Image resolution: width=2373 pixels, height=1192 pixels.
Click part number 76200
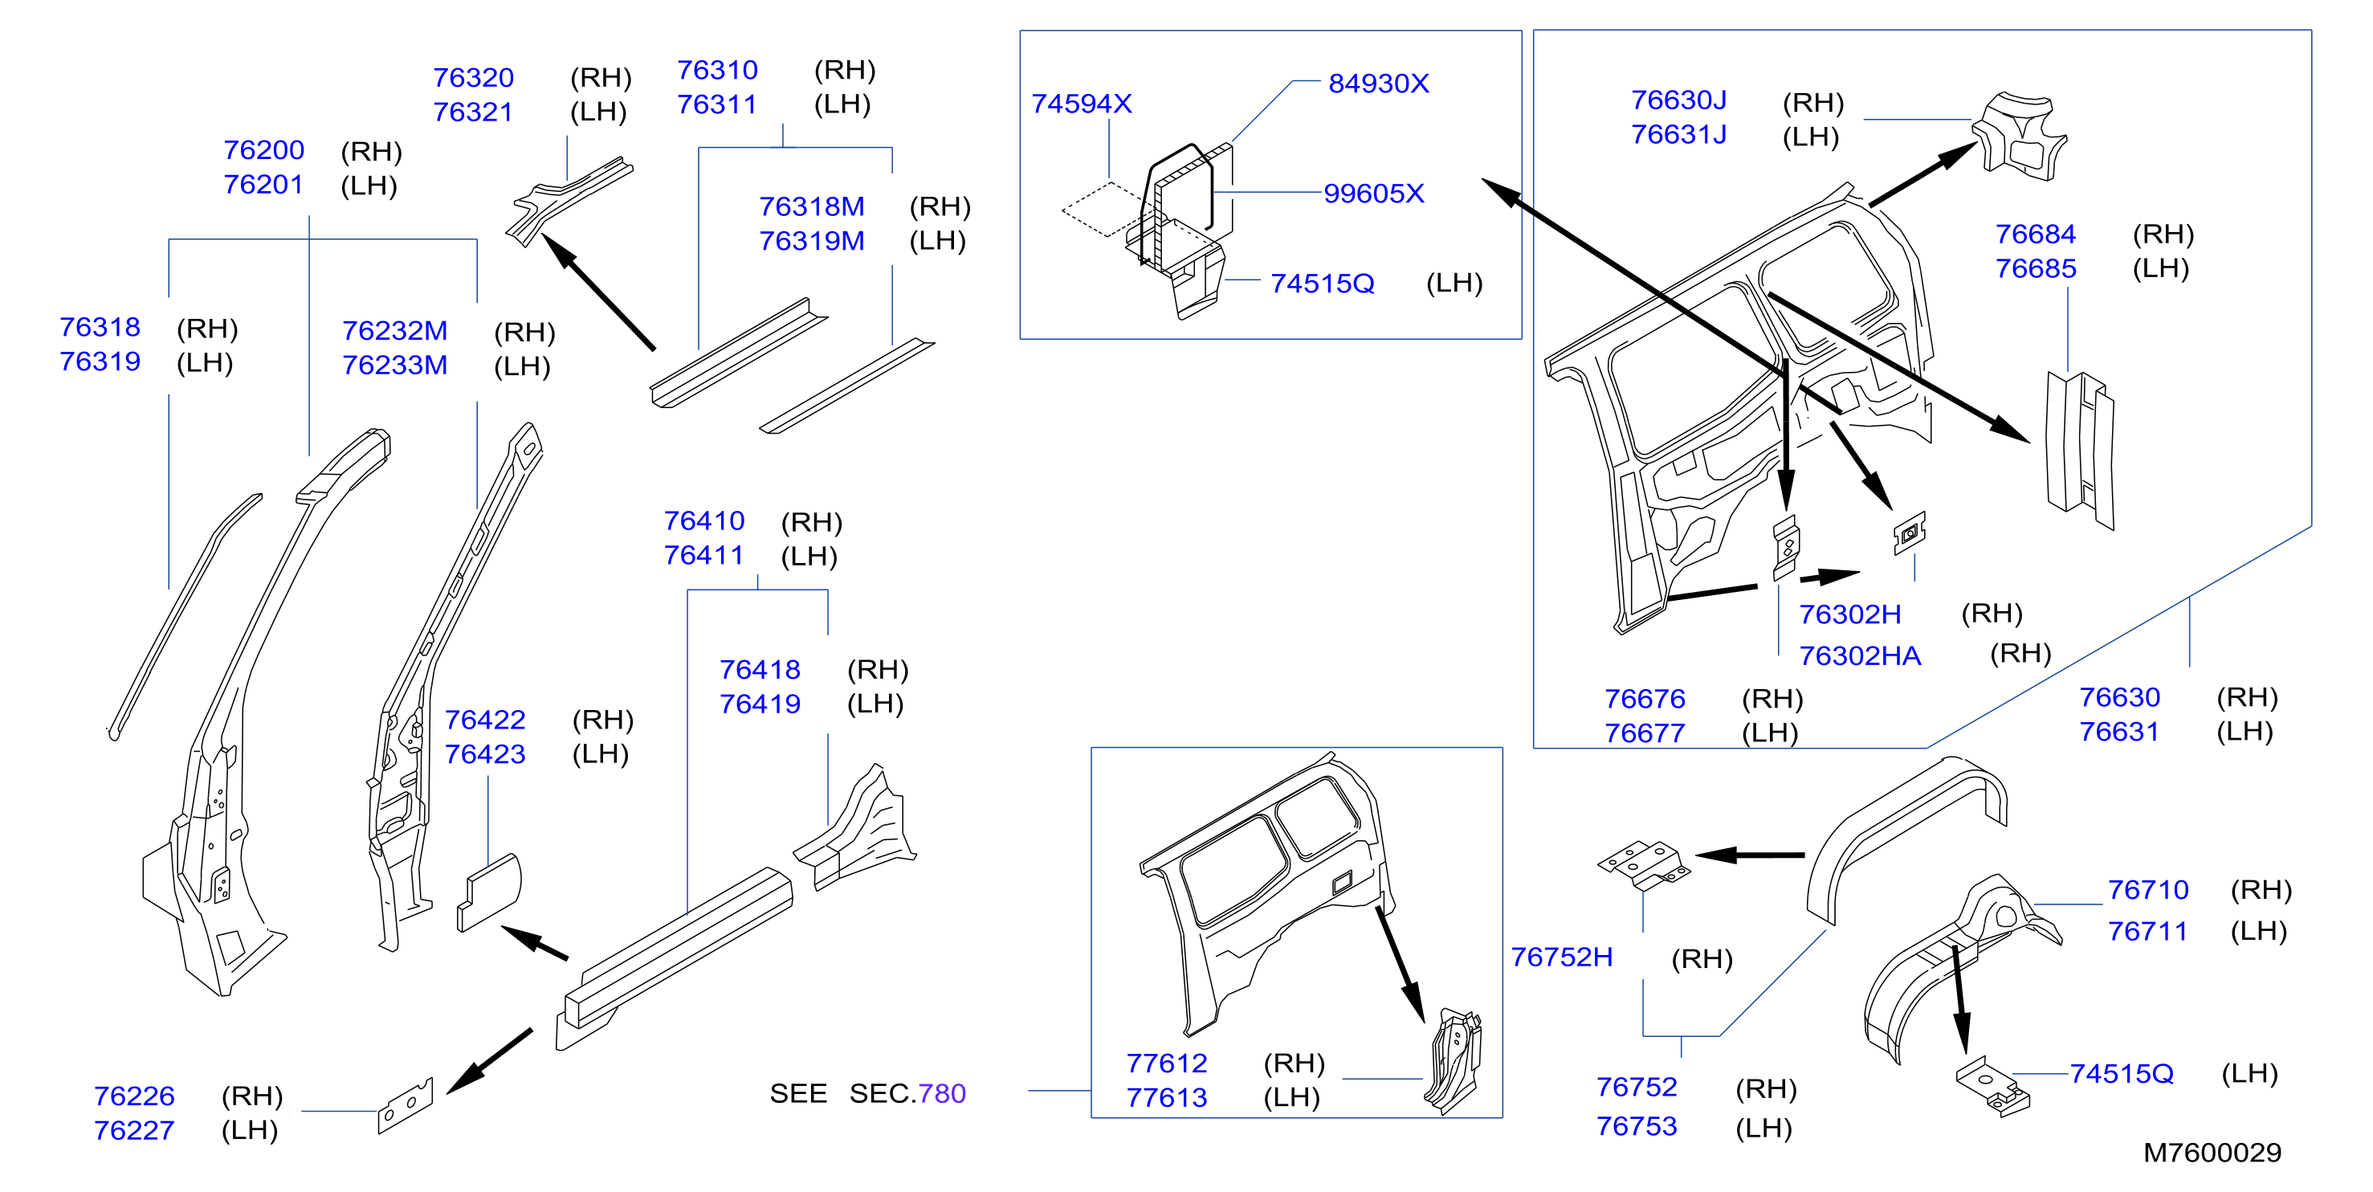click(x=263, y=150)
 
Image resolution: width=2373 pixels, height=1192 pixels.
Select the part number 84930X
click(x=1378, y=84)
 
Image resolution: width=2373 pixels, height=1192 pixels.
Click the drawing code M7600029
click(x=2212, y=1153)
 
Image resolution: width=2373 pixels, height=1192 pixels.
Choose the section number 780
click(x=941, y=1093)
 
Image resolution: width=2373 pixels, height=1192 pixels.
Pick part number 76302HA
click(x=1860, y=656)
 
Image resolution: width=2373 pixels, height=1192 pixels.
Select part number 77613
click(x=1166, y=1098)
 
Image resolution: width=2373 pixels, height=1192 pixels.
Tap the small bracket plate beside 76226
click(x=406, y=1105)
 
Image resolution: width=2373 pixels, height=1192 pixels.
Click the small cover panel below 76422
click(x=489, y=892)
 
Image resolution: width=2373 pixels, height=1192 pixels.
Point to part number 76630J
click(x=1678, y=100)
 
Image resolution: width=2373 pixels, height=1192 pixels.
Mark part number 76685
click(x=2036, y=269)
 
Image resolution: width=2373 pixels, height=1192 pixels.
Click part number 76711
click(x=2147, y=931)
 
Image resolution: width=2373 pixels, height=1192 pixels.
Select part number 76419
click(x=760, y=704)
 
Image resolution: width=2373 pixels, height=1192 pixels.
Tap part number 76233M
click(x=394, y=365)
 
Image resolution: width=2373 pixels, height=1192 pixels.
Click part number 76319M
click(x=812, y=241)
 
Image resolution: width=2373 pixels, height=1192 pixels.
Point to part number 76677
click(x=1645, y=733)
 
